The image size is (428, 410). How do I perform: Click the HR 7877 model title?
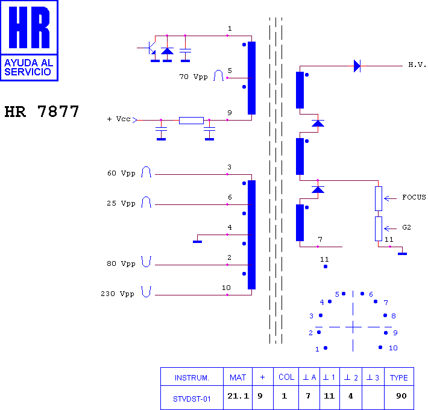tap(42, 112)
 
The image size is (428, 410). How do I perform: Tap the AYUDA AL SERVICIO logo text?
tap(29, 68)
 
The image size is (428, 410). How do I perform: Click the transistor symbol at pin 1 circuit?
tap(150, 48)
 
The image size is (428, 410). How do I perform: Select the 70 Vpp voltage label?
tap(194, 77)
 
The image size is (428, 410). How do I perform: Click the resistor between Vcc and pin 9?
tap(191, 121)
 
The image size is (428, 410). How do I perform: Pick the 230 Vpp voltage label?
tap(118, 294)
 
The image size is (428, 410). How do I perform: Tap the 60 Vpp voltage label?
tap(121, 173)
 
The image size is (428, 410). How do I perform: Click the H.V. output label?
tap(417, 65)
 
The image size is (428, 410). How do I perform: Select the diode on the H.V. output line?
tap(357, 66)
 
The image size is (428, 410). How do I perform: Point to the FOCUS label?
tap(414, 197)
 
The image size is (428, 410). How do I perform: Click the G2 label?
tap(406, 227)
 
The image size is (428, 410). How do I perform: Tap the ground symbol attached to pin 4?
tap(197, 242)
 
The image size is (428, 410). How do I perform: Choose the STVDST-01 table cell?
tap(192, 399)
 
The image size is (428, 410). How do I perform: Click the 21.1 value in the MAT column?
tap(238, 396)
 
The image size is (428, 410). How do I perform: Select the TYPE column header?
tap(399, 378)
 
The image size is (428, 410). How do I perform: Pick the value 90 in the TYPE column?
tap(401, 396)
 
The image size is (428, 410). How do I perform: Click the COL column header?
tap(286, 377)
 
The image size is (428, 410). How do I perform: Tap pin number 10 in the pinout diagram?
tap(393, 348)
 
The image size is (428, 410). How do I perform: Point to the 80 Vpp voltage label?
tap(121, 263)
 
